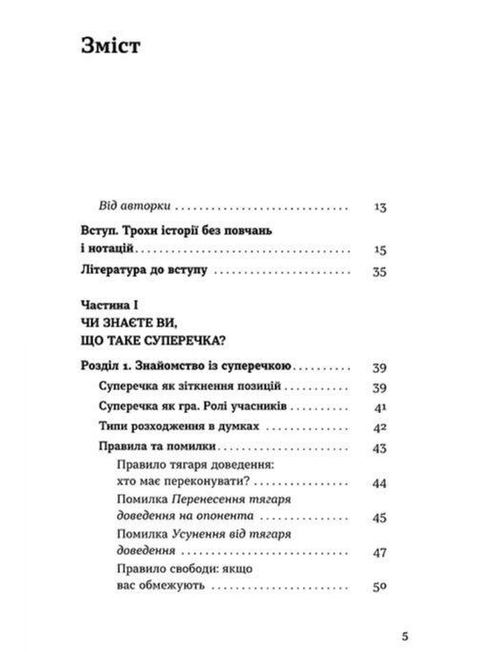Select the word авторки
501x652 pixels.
point(149,206)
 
